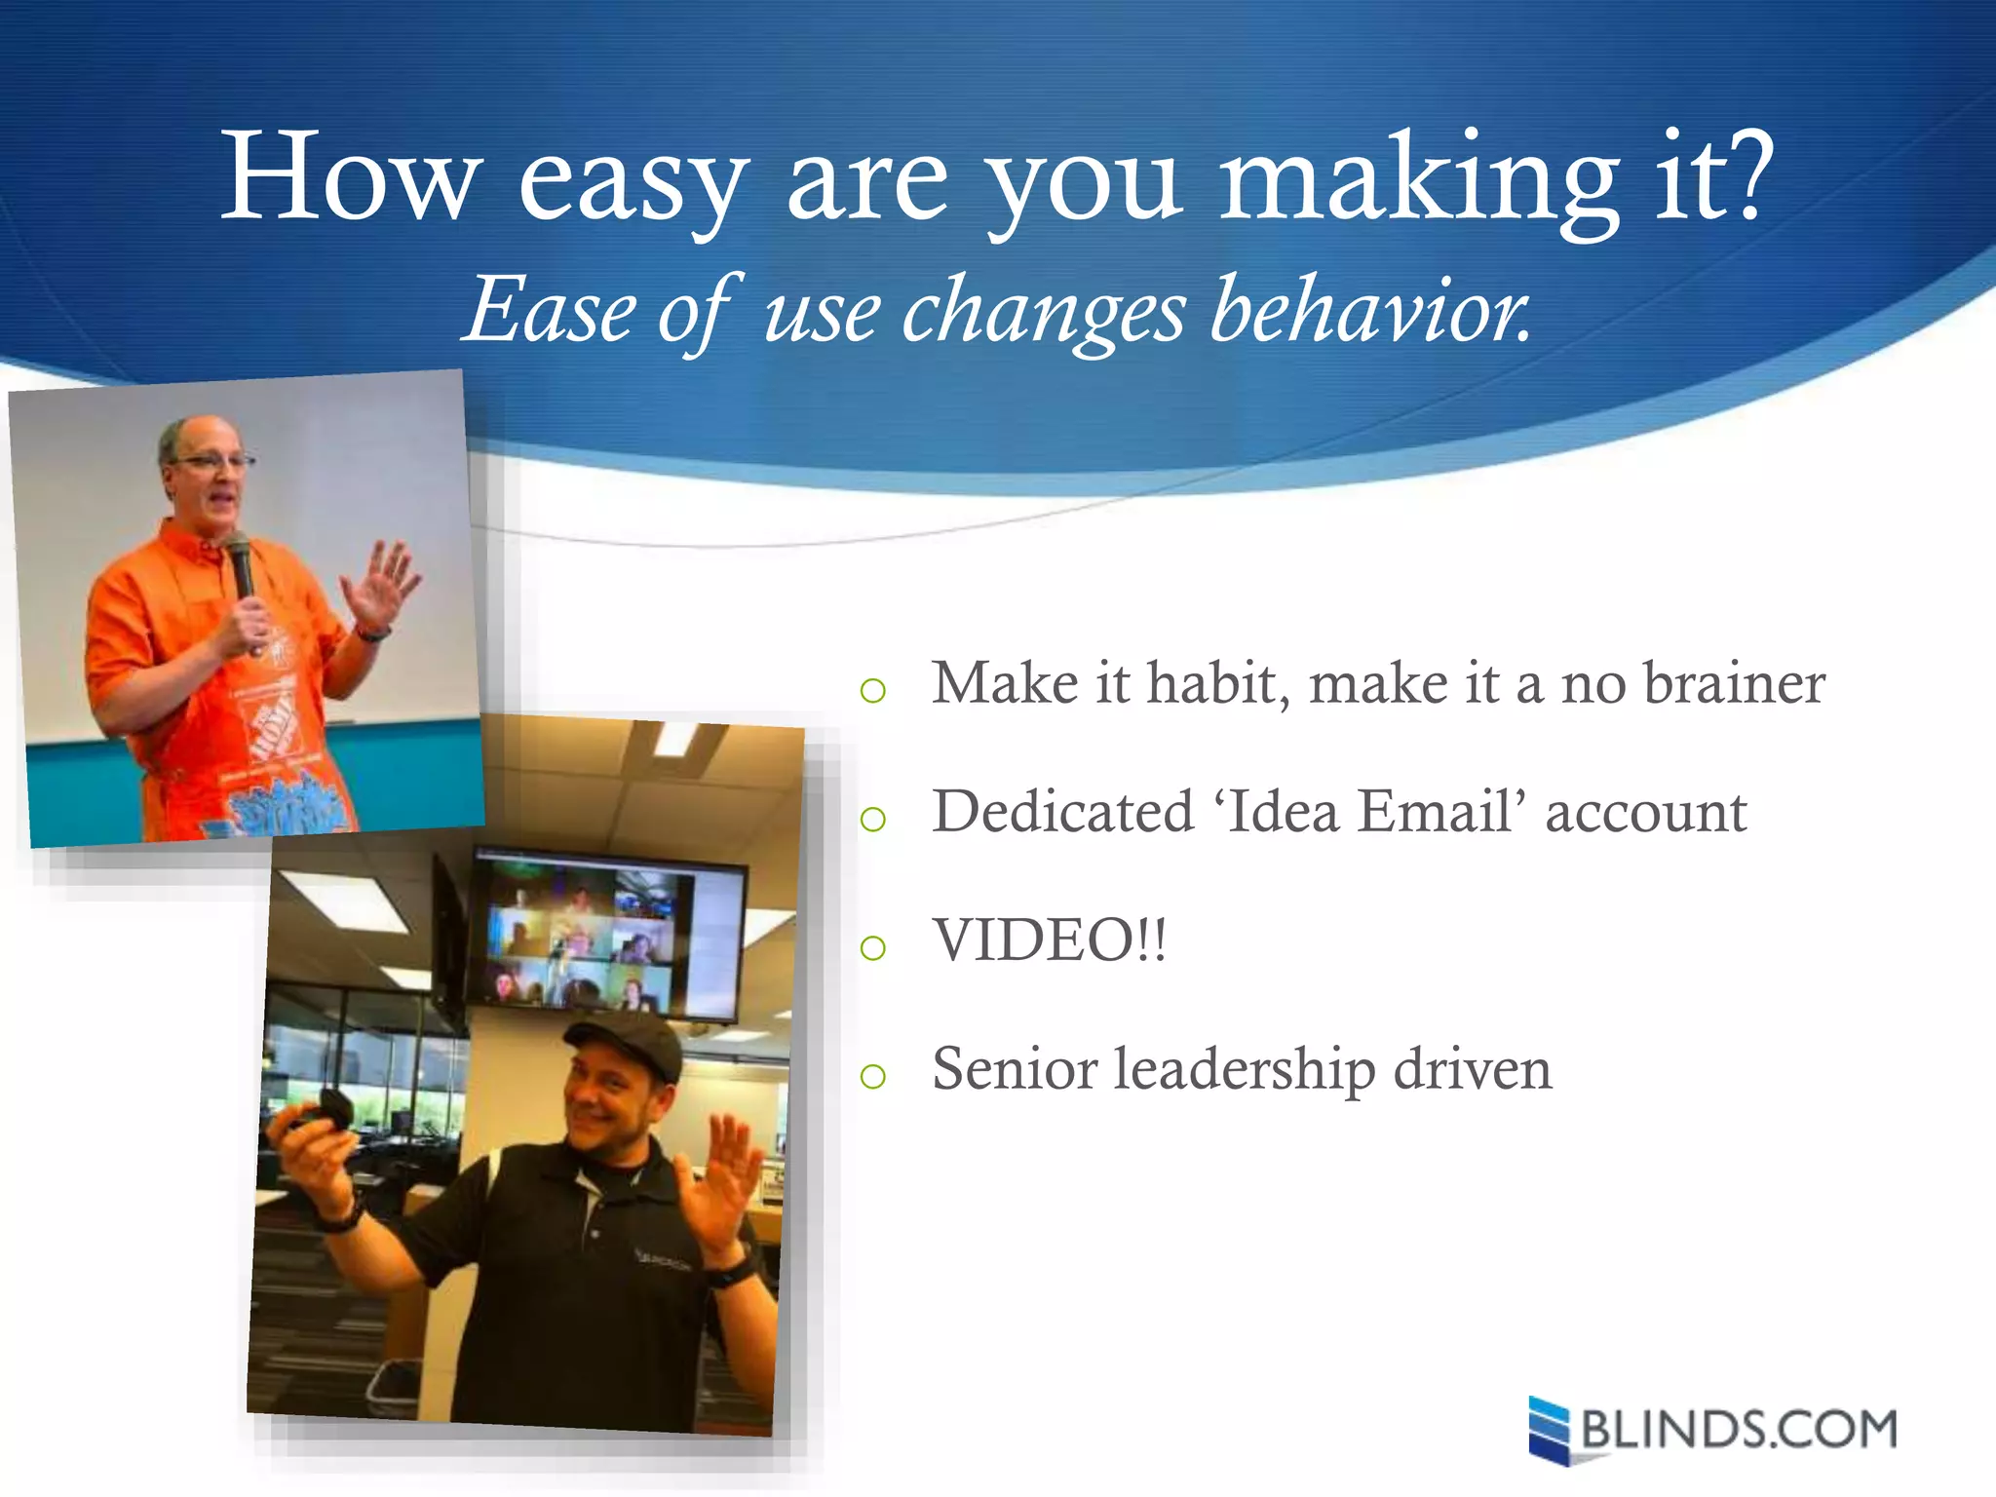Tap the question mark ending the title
(x=1741, y=175)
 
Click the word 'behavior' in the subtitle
(x=1368, y=310)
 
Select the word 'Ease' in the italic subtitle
(x=550, y=310)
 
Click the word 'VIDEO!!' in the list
(x=1049, y=940)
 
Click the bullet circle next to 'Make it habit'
(x=873, y=691)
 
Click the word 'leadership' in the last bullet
(x=1244, y=1069)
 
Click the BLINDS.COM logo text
(x=1739, y=1430)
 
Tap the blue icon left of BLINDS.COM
(x=1549, y=1430)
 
